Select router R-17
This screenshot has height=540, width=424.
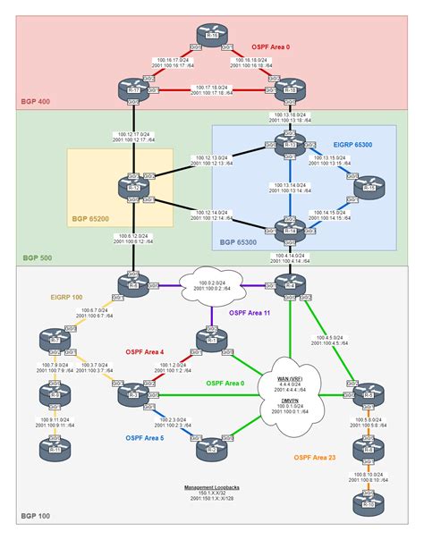[x=133, y=91]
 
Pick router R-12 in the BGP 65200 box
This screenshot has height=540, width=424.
[x=133, y=188]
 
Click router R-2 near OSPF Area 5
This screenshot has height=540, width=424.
[x=212, y=449]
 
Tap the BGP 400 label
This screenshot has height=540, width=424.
[x=34, y=103]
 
